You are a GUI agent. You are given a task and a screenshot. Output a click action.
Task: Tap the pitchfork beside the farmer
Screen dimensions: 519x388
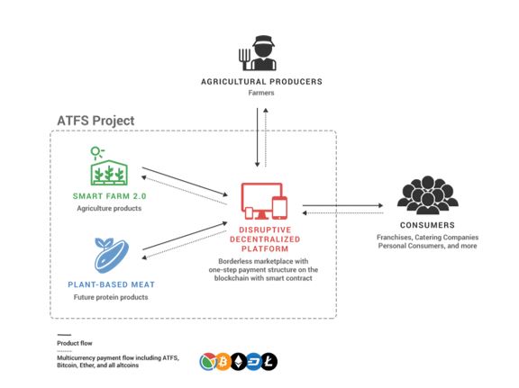click(244, 59)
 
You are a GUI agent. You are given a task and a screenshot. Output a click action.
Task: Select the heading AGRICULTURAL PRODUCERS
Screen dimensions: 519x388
click(261, 82)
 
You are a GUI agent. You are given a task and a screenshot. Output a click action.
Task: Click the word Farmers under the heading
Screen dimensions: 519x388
click(261, 93)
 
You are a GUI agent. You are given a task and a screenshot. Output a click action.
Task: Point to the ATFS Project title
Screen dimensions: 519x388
click(96, 121)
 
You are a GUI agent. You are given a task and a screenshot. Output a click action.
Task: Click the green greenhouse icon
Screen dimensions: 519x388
click(109, 172)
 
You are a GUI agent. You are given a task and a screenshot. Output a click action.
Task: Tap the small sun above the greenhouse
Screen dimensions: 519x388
click(96, 152)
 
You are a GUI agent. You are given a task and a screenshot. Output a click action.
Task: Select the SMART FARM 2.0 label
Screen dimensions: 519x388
click(110, 196)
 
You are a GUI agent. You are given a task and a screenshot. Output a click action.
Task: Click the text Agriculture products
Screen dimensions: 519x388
click(109, 208)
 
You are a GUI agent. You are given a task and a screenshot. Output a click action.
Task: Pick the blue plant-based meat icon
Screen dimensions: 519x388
click(111, 255)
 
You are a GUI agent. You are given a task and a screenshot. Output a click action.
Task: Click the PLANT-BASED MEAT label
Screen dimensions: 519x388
click(111, 284)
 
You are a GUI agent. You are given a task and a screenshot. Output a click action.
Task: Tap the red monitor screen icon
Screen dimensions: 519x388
click(261, 201)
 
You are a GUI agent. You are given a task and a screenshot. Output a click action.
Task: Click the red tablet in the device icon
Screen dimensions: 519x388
click(279, 208)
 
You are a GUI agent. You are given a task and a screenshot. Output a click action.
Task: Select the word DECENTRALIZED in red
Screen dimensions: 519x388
click(265, 239)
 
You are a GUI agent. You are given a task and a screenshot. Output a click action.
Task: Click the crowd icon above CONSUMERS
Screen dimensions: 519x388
click(428, 194)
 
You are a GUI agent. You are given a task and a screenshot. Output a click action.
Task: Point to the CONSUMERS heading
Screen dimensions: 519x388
click(427, 225)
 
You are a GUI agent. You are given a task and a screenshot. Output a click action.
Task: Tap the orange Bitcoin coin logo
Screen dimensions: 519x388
click(223, 362)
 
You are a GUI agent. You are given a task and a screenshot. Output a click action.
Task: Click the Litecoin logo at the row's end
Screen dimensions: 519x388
click(269, 362)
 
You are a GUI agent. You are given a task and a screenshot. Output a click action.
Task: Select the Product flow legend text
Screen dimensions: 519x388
click(75, 343)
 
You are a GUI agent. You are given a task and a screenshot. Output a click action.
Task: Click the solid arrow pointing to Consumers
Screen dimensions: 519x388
click(342, 205)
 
